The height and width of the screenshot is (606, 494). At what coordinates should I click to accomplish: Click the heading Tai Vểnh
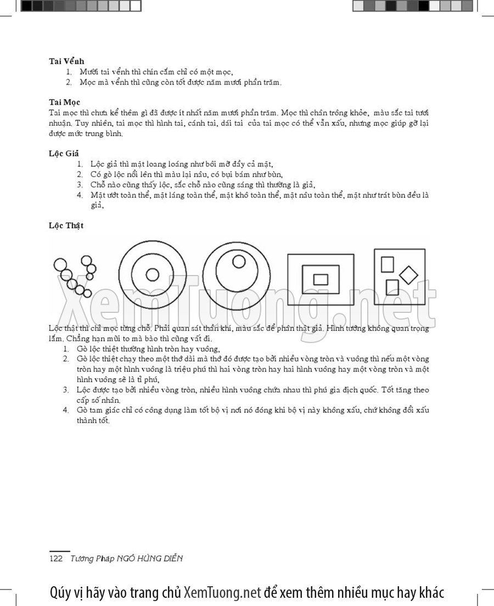[66, 61]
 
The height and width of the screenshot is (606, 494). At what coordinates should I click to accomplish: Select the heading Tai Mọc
[64, 102]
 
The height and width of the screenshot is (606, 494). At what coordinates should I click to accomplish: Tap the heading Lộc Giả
[64, 153]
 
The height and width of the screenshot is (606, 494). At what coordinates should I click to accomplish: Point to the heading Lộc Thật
[66, 225]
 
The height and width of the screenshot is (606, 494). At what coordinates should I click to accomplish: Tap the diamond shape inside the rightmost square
[408, 274]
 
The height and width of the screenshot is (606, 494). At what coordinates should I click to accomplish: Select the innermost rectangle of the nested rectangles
[321, 279]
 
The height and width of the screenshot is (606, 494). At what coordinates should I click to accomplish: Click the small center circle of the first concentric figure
[153, 274]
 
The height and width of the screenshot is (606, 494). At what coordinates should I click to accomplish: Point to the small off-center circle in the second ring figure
[239, 262]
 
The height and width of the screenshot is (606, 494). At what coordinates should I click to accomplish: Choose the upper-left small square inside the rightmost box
[388, 265]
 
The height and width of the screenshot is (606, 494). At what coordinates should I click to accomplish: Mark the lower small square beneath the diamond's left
[392, 287]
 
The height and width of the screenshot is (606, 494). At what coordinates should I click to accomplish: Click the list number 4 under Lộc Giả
[80, 195]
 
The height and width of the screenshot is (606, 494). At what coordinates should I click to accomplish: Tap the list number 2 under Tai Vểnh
[69, 82]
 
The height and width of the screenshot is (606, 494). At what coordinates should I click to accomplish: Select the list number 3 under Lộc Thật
[65, 390]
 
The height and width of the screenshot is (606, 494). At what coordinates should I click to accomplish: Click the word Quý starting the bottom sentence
[60, 593]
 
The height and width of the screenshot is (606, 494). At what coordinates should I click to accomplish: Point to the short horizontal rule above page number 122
[60, 551]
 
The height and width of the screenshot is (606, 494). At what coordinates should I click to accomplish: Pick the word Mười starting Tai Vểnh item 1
[88, 72]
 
